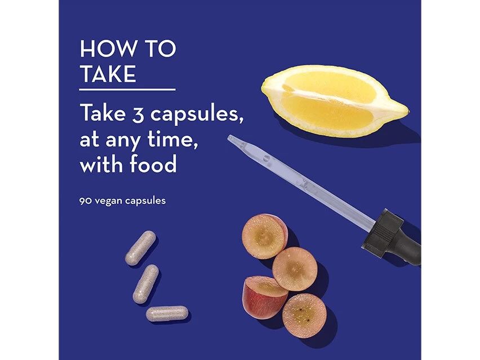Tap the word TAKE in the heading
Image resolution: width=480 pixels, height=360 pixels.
108,74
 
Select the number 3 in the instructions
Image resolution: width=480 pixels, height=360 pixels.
138,114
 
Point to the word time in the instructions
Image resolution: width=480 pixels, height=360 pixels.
172,140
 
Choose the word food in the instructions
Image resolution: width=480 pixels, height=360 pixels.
153,163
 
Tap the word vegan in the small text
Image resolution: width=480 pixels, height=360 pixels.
108,202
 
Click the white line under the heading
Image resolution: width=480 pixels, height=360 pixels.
127,90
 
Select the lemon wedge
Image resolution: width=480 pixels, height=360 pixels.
334,101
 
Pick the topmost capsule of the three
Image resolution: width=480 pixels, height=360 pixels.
140,248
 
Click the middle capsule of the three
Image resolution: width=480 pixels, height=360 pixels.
146,284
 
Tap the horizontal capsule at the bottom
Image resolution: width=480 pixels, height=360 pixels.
167,313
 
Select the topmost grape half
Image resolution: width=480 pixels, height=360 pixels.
264,236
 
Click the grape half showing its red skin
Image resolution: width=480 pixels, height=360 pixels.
264,297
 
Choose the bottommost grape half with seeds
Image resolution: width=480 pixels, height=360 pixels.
304,315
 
